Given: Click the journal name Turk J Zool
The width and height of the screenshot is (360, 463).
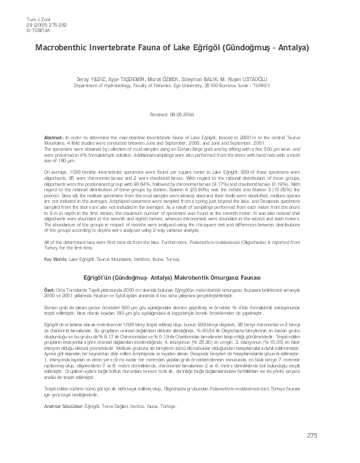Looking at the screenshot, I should [x=21, y=20].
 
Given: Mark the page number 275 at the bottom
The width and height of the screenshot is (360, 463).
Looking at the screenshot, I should [x=312, y=435].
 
